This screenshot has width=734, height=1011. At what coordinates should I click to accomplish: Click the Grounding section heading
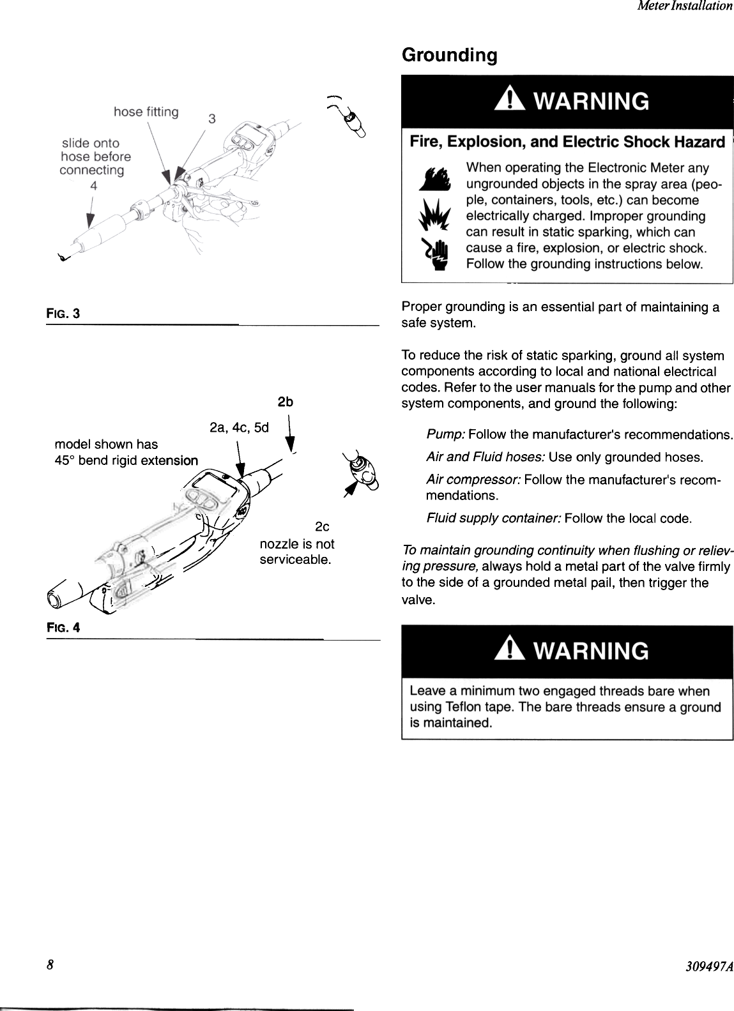[449, 56]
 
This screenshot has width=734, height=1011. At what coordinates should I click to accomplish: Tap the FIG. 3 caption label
[63, 314]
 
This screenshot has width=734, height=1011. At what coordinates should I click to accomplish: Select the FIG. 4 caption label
[63, 627]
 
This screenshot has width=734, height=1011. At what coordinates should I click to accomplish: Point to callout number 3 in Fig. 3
[212, 119]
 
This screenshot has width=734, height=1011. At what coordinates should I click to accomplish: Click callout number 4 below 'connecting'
[93, 186]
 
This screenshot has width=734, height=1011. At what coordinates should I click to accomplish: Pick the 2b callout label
[285, 402]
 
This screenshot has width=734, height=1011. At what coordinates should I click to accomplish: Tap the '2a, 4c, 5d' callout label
[239, 427]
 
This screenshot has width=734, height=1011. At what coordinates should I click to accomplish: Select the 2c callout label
[322, 527]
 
